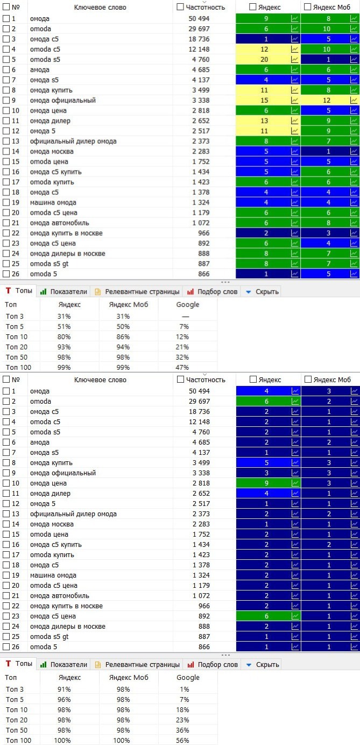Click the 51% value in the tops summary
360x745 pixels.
tap(64, 326)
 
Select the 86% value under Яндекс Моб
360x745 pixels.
tap(123, 336)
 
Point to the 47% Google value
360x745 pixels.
tap(182, 367)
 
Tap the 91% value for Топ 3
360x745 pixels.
tap(64, 689)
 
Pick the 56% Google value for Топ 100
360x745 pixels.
tap(182, 740)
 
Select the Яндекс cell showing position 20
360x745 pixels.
tap(264, 59)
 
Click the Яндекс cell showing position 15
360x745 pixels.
tap(264, 100)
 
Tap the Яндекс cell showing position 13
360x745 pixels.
tap(264, 121)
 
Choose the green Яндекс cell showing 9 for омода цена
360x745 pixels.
tap(264, 483)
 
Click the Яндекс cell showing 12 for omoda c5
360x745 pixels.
tap(264, 49)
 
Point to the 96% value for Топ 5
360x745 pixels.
tap(64, 699)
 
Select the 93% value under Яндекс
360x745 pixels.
tap(64, 347)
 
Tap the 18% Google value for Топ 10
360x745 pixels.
tap(182, 709)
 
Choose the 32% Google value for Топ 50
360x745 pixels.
tap(182, 357)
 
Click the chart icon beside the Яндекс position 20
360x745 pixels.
tap(295, 59)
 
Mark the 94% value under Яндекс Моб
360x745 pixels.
tap(123, 347)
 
